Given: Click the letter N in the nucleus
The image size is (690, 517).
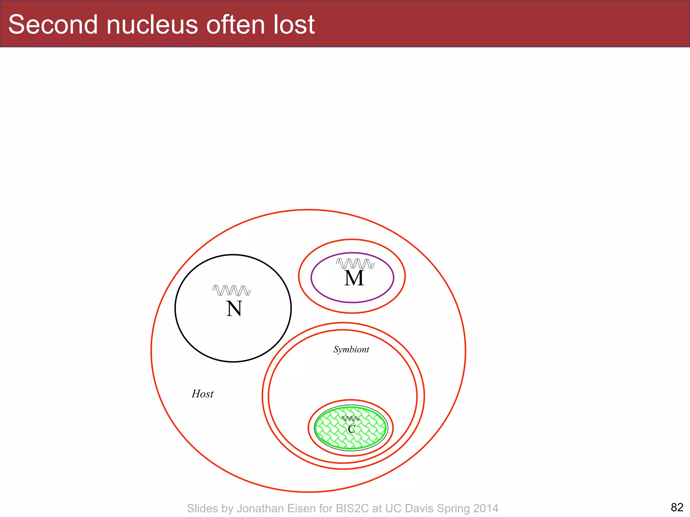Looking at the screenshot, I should [234, 309].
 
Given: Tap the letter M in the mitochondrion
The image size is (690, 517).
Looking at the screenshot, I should [354, 278].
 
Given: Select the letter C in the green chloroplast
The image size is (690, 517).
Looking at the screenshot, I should [351, 429].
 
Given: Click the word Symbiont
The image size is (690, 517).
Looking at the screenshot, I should [351, 350].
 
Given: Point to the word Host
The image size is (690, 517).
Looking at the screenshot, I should [202, 394].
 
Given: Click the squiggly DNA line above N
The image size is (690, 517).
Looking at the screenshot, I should [231, 290].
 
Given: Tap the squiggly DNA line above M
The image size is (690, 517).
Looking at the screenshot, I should [355, 263].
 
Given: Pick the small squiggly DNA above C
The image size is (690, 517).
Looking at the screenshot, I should [350, 419].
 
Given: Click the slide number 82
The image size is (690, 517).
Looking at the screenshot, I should [677, 507].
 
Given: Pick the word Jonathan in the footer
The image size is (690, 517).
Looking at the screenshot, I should [260, 508].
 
